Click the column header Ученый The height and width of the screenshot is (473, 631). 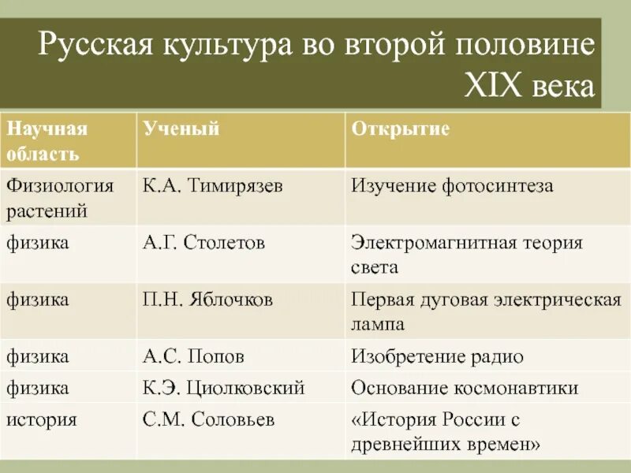(181, 129)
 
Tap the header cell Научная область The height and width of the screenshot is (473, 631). (47, 140)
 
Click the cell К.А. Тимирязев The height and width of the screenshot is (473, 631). (213, 186)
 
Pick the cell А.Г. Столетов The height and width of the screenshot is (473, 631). (203, 243)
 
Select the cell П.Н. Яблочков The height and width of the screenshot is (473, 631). (208, 300)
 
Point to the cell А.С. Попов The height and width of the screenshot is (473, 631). (193, 356)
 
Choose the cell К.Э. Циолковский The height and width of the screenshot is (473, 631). (224, 388)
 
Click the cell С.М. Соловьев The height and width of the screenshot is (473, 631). (209, 419)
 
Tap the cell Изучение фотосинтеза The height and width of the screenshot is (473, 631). (452, 186)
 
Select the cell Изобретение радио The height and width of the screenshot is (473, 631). (437, 356)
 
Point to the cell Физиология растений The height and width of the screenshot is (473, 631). (60, 198)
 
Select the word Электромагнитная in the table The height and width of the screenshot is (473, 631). (434, 243)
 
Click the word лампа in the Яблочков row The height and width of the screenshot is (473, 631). (378, 323)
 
